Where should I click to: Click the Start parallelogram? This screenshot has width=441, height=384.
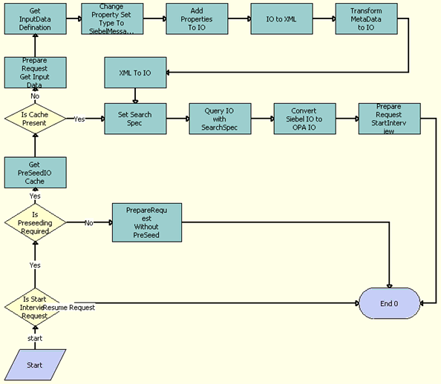click(35, 364)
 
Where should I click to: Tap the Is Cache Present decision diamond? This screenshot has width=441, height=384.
click(35, 119)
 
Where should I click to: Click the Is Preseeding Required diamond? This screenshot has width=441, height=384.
click(35, 221)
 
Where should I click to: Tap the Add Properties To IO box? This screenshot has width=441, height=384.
click(197, 19)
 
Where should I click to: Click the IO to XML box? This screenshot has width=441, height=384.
click(281, 19)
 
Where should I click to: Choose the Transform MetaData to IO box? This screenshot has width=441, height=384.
click(366, 19)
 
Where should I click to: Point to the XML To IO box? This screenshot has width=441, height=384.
click(135, 73)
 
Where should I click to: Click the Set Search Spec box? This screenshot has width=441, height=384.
click(135, 119)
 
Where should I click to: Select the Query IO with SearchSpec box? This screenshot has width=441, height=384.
click(220, 119)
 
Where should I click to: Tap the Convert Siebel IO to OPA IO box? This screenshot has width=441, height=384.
click(304, 119)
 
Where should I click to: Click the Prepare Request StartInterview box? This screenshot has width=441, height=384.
click(389, 119)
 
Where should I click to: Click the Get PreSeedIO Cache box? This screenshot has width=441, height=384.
click(35, 173)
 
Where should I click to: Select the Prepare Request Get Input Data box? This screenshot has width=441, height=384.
click(35, 73)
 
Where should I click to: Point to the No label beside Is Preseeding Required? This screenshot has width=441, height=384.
click(88, 222)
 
